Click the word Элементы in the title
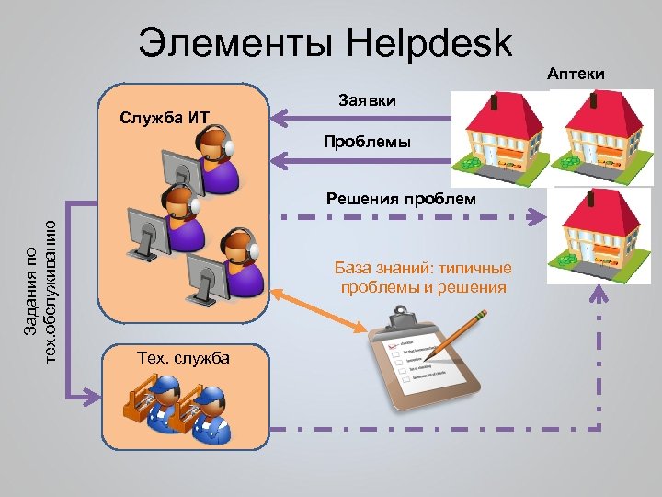234,43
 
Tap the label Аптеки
577,72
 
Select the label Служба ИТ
165,117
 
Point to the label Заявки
368,99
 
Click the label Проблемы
367,143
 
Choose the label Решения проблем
402,198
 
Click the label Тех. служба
182,357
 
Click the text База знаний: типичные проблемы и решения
423,278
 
